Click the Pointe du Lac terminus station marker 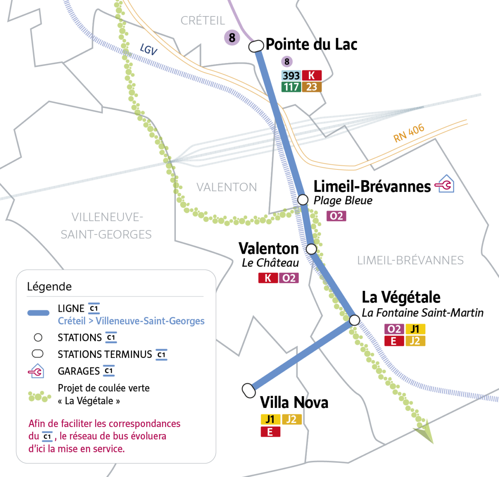(x=256, y=46)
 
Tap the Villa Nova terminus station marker (x=249, y=390)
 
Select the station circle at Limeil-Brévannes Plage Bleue (x=303, y=199)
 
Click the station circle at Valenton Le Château (x=311, y=249)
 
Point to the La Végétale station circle (x=354, y=320)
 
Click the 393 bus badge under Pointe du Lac (x=291, y=75)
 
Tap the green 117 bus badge (x=291, y=87)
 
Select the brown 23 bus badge (x=311, y=87)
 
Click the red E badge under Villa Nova (x=270, y=432)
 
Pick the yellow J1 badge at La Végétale (x=415, y=329)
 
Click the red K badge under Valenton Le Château (x=268, y=278)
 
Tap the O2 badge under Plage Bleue (x=336, y=216)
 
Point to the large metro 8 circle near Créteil (x=232, y=37)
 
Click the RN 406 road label (x=409, y=133)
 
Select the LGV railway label (x=149, y=50)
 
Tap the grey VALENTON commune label (x=226, y=187)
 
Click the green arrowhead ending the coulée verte (x=426, y=432)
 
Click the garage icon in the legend (x=36, y=371)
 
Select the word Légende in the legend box (x=49, y=287)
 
